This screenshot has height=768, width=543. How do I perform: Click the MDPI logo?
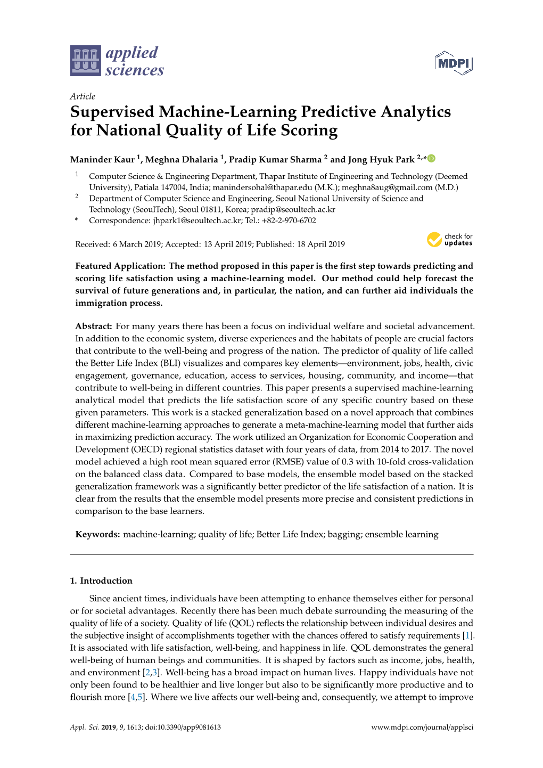(454, 63)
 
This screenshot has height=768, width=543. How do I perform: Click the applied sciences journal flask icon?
(85, 61)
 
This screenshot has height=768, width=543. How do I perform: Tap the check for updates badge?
(449, 240)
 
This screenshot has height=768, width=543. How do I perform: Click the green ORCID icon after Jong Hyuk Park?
(432, 158)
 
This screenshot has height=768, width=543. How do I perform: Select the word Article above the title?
(83, 96)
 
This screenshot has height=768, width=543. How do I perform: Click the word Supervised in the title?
(112, 112)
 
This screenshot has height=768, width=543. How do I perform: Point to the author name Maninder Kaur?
(102, 160)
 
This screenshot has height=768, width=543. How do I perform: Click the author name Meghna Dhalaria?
(182, 160)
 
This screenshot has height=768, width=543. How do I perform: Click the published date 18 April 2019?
(321, 244)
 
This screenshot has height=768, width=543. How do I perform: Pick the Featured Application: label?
(121, 266)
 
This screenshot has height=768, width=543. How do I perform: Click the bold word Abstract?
(94, 326)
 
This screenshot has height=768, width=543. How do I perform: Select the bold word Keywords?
(98, 535)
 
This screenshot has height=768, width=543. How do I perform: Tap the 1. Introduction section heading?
(101, 581)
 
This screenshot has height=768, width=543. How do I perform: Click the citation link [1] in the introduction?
(467, 636)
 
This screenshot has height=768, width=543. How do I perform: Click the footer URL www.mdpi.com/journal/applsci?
(422, 728)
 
